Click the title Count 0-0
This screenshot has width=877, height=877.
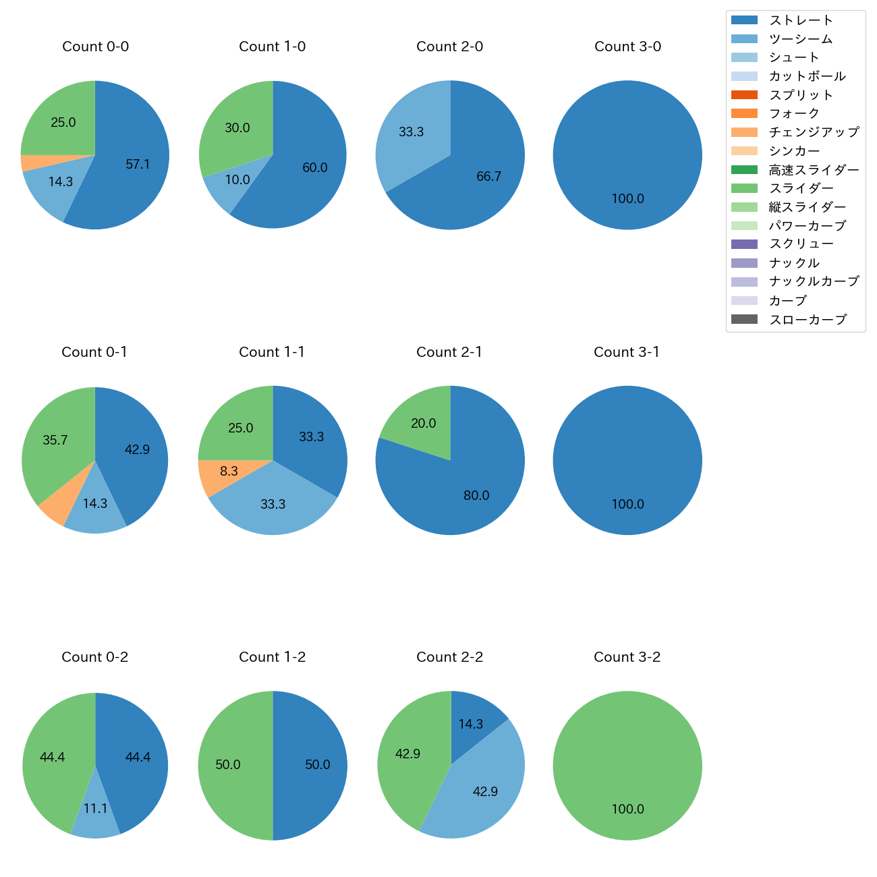(95, 47)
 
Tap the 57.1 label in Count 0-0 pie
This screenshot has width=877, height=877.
(138, 164)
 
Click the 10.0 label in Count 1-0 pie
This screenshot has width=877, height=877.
(237, 180)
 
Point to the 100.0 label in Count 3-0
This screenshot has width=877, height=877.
(627, 199)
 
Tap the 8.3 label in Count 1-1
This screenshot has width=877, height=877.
(229, 471)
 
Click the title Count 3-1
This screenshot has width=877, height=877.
(627, 352)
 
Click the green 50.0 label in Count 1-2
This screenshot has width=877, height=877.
(228, 765)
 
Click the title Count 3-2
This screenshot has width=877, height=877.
(627, 657)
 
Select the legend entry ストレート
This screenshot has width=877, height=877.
(801, 20)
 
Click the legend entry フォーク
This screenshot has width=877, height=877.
(794, 113)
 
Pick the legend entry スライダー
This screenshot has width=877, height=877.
(801, 188)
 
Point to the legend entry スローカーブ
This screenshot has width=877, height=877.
(808, 320)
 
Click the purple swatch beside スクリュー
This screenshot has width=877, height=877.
(744, 244)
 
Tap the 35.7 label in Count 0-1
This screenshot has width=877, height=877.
(55, 441)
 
